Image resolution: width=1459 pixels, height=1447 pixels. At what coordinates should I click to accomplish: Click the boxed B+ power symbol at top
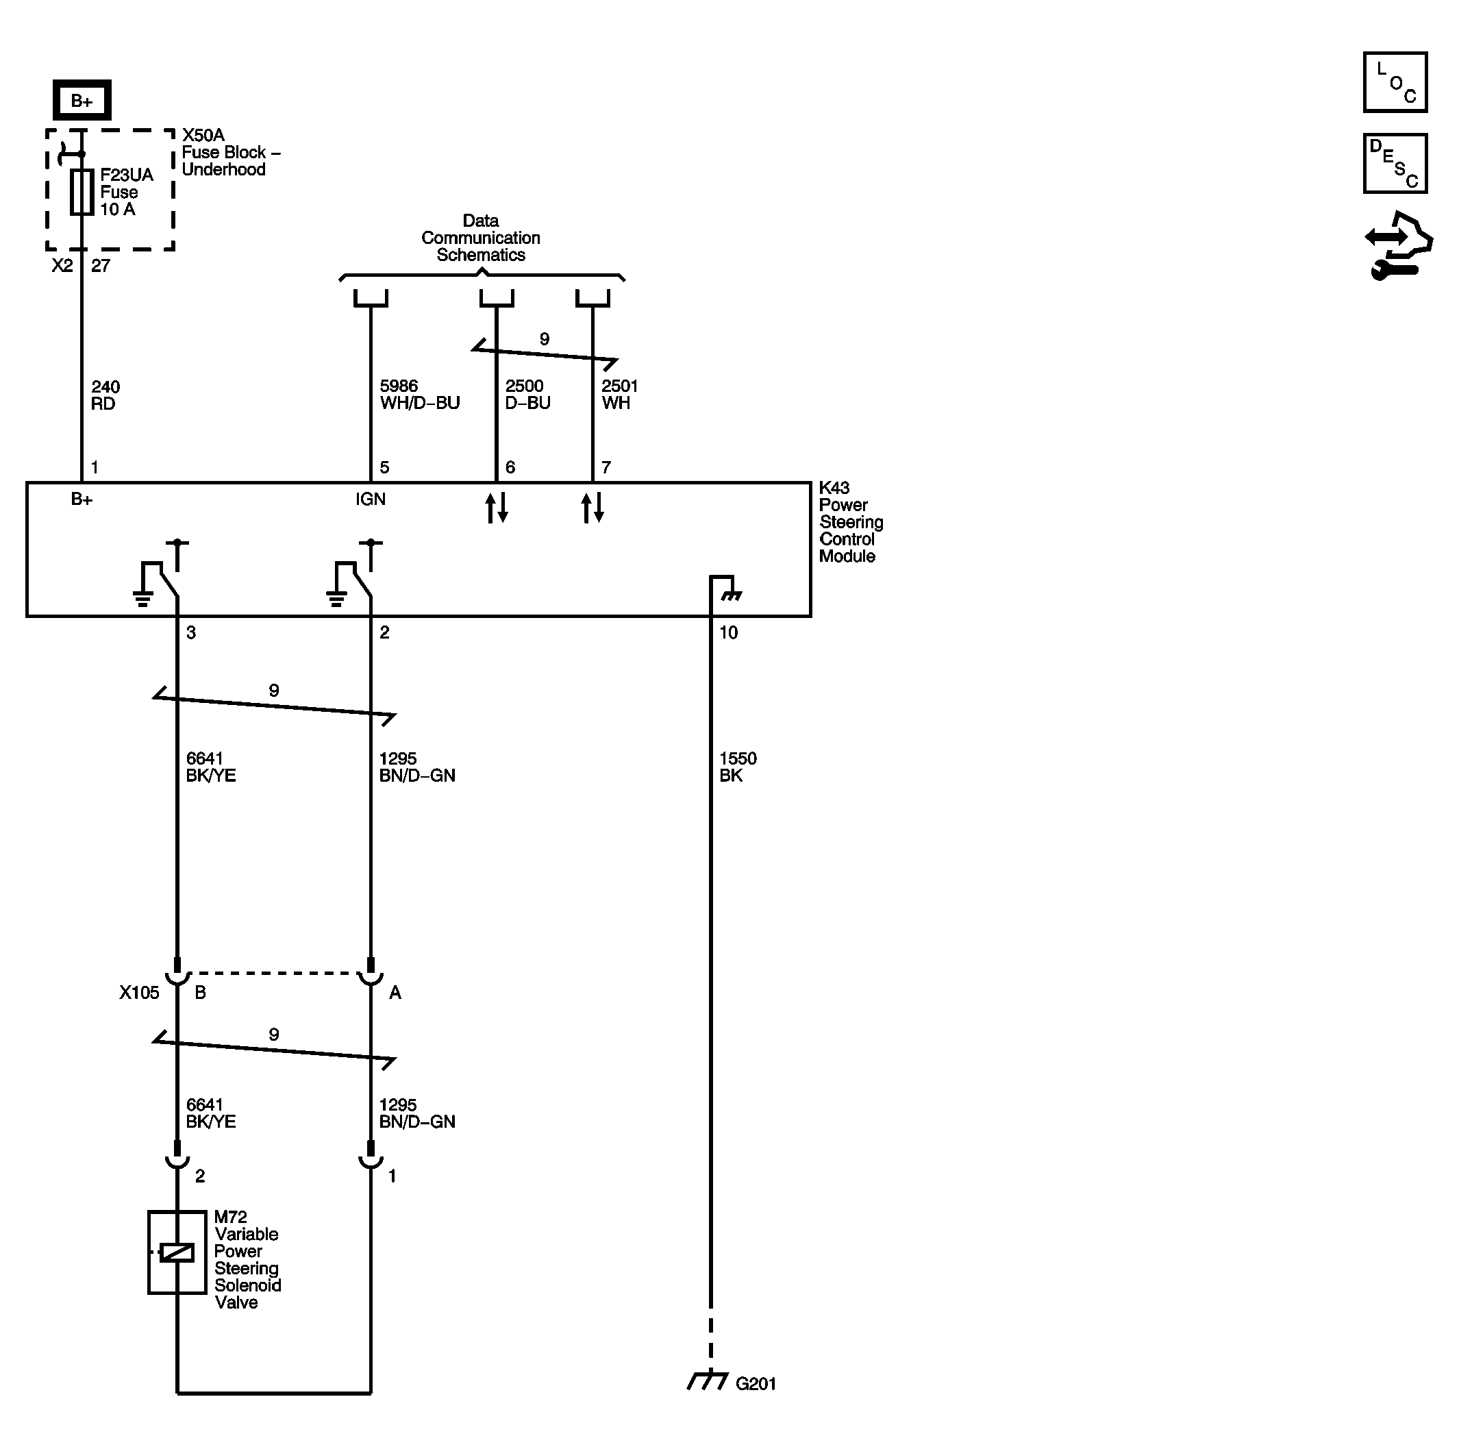coord(82,100)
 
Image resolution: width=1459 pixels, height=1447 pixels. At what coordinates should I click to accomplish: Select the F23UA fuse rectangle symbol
coord(82,192)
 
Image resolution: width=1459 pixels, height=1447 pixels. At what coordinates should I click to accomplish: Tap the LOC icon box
coord(1395,82)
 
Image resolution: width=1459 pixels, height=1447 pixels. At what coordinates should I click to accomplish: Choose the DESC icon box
coord(1395,164)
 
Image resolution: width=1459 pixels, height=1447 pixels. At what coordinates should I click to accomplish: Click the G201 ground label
coord(756,1383)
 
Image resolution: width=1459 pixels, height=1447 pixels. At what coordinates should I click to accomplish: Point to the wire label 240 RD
coord(105,395)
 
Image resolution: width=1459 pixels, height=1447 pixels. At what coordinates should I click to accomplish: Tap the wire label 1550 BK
coord(738,767)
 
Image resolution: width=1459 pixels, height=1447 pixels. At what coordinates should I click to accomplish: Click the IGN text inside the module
coord(371,499)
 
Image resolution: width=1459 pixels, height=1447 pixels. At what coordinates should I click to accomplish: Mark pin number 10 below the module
coord(728,633)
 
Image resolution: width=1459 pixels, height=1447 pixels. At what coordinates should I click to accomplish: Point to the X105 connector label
coord(139,992)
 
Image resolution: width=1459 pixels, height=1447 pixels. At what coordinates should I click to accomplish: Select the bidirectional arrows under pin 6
coord(496,508)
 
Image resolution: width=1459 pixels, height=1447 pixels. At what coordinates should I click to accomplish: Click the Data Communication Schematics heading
coord(481,238)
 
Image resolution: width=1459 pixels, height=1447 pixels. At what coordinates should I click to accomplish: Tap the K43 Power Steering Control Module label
coord(851,522)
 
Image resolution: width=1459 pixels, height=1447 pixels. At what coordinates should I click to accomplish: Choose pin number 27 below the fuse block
coord(101,266)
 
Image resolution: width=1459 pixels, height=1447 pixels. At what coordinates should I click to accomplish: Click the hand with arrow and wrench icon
coord(1399,245)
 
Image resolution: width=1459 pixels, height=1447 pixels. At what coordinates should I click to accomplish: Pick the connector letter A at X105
coord(395,993)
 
